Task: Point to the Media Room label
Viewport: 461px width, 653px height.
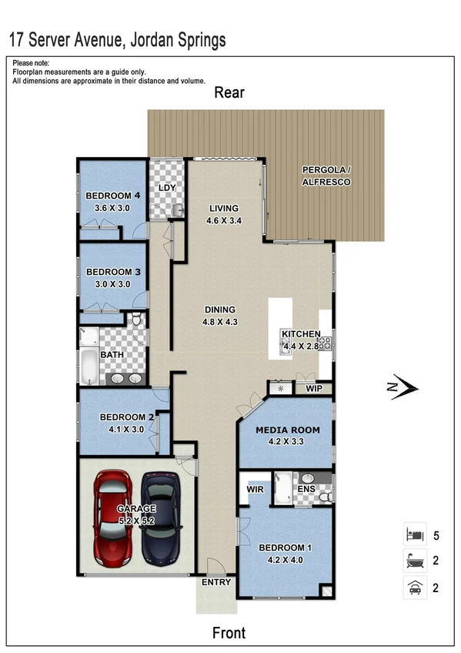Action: click(282, 430)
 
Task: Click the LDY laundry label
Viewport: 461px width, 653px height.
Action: click(167, 188)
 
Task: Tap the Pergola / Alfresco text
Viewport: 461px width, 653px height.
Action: click(326, 176)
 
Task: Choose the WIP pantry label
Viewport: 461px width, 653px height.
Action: click(314, 388)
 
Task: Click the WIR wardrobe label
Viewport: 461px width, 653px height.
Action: click(256, 489)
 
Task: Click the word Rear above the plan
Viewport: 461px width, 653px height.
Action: click(229, 93)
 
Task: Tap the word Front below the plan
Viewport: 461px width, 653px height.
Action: click(229, 633)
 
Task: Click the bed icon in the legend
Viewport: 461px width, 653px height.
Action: click(414, 533)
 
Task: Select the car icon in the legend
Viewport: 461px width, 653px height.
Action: click(414, 588)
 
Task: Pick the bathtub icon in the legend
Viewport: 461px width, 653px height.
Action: click(414, 561)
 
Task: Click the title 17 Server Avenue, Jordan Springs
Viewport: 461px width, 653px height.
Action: click(117, 39)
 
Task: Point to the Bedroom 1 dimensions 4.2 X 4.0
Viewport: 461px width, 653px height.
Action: click(285, 559)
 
